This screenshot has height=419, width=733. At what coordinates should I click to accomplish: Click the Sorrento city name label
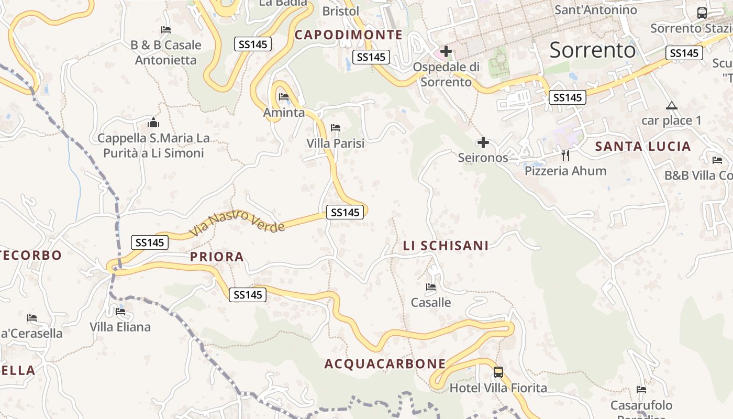(x=593, y=50)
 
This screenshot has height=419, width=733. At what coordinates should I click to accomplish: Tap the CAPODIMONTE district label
(x=349, y=35)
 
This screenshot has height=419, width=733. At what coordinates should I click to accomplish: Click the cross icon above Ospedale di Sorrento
(x=446, y=51)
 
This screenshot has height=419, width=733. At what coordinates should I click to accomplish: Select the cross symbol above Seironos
(x=483, y=142)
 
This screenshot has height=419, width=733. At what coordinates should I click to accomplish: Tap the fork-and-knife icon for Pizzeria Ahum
(x=565, y=155)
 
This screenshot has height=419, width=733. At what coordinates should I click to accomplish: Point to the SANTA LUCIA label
(x=643, y=147)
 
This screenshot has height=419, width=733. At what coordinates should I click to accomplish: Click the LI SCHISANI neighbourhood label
(x=446, y=246)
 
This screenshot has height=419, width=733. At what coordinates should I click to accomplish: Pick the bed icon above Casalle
(x=431, y=287)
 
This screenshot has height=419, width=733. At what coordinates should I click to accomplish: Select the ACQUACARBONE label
(x=385, y=364)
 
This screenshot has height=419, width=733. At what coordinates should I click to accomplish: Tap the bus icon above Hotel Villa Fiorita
(x=498, y=372)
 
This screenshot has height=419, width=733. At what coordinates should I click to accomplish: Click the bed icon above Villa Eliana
(x=120, y=312)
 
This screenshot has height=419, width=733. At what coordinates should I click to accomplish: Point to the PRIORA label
(x=217, y=257)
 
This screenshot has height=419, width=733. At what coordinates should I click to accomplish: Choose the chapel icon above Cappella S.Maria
(x=153, y=123)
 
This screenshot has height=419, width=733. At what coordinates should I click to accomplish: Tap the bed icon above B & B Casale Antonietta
(x=166, y=30)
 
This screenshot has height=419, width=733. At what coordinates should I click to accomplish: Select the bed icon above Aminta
(x=284, y=97)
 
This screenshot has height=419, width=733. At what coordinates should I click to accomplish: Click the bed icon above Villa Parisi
(x=336, y=128)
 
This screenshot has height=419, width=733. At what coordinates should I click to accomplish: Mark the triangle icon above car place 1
(x=671, y=105)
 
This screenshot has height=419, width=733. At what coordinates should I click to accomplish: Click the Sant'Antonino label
(x=595, y=10)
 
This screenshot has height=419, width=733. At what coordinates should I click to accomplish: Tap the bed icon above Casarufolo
(x=641, y=389)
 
